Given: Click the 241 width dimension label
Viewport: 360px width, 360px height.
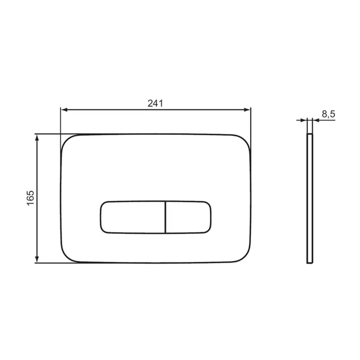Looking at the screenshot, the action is click(x=155, y=103).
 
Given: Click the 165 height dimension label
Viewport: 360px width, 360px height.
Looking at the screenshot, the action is click(x=31, y=198).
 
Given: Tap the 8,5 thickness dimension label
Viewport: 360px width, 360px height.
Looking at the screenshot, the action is click(x=328, y=114).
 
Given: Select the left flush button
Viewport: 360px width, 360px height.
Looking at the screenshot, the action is click(x=133, y=217).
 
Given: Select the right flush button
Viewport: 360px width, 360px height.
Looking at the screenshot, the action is click(x=188, y=217).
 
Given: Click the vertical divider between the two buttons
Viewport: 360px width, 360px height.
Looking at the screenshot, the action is click(x=165, y=217).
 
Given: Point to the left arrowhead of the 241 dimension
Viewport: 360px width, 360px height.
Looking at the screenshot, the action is click(x=64, y=110).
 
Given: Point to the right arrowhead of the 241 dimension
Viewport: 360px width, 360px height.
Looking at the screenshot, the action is click(x=247, y=110).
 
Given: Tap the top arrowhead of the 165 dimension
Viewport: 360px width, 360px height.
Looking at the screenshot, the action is click(x=37, y=138).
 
